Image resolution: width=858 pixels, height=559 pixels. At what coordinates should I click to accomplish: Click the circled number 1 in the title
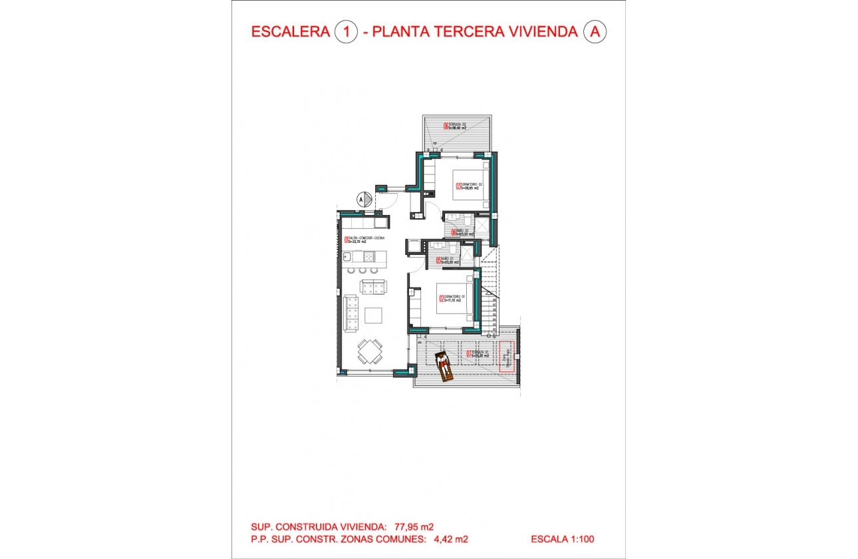pos(346,31)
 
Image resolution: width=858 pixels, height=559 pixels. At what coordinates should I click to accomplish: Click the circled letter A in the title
pos(595,31)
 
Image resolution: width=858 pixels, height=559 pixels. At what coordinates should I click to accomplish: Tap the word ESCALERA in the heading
pos(291,31)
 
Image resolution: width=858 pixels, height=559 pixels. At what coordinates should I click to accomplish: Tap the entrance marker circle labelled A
pos(362,198)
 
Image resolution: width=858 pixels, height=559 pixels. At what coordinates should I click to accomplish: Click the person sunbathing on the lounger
pos(443,365)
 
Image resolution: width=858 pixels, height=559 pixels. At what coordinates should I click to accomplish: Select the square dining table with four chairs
pos(370,350)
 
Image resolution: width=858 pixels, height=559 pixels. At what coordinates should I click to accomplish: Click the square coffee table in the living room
pos(373,315)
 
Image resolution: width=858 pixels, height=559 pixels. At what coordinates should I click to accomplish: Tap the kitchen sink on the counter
pos(349,256)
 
